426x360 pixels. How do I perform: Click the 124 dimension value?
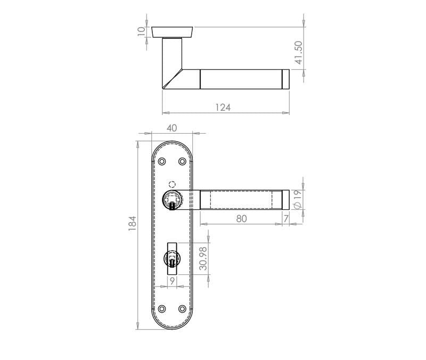coord(223,108)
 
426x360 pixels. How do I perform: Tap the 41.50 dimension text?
coord(299,53)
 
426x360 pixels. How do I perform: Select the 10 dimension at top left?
coord(141,31)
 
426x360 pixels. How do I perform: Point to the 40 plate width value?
coord(171,128)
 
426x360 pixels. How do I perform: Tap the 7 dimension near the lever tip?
coord(286,218)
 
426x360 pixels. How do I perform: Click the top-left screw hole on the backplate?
coord(162,161)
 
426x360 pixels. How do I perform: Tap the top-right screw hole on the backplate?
coord(182,161)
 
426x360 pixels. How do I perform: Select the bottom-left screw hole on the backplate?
coord(162,309)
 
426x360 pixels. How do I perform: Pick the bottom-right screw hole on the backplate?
coord(182,309)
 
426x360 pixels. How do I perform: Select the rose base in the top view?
coord(171,31)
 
